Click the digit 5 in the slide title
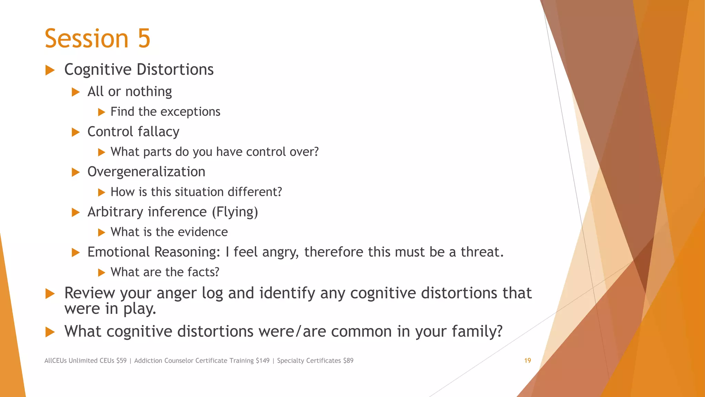(144, 38)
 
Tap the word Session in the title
(86, 38)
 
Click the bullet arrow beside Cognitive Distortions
(50, 70)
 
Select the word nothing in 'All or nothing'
(148, 92)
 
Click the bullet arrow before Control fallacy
(76, 132)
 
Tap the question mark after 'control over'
(316, 152)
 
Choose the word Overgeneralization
(146, 172)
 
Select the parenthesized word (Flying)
(235, 212)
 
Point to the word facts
(203, 272)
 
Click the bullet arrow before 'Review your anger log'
(50, 294)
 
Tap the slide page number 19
(527, 360)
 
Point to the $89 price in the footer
(348, 360)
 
